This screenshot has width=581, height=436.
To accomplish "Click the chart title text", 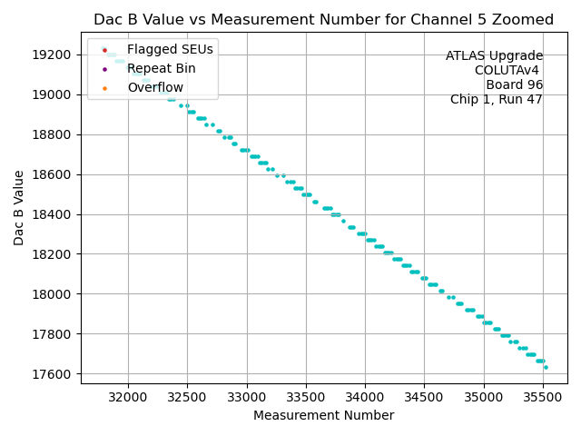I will [x=323, y=20].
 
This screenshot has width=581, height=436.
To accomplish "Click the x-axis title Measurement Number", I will [x=323, y=416].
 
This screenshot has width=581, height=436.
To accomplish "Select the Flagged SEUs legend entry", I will [x=158, y=49].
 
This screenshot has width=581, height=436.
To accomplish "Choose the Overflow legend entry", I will [x=155, y=87].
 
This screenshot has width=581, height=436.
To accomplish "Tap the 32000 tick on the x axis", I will [x=127, y=397].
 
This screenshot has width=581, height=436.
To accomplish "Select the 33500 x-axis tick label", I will [x=305, y=397].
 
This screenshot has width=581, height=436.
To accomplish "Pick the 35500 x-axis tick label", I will [x=543, y=397].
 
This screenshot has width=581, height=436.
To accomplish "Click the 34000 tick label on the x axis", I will [x=365, y=397].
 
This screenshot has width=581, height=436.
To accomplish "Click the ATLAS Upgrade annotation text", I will [x=494, y=56].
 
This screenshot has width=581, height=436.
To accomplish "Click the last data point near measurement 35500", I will [x=546, y=367].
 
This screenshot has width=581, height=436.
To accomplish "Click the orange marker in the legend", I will [x=105, y=87].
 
